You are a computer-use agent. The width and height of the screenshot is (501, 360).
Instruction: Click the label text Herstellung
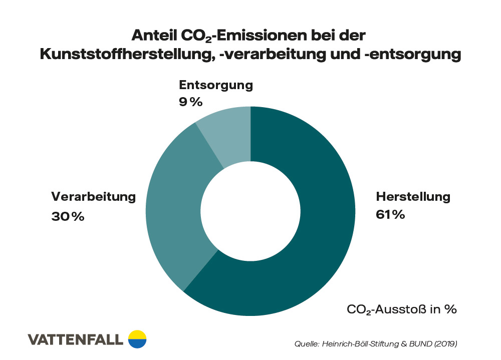[413, 196]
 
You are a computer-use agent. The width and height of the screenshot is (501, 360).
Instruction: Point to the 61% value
[390, 215]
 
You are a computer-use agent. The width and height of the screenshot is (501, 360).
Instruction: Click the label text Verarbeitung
[93, 196]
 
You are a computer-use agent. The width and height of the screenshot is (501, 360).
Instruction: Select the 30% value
[68, 217]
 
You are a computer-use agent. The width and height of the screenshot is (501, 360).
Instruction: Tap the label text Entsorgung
[216, 85]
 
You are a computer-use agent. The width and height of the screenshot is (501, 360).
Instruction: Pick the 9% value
[190, 102]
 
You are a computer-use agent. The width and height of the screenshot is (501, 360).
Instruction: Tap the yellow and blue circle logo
[137, 339]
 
